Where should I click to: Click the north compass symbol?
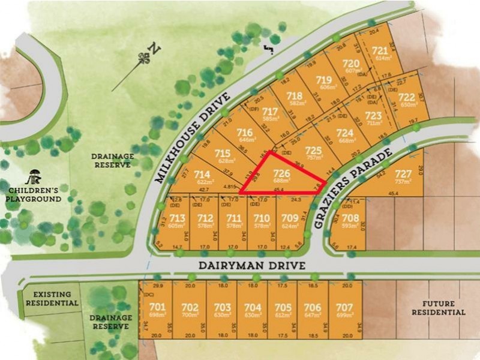[144, 58]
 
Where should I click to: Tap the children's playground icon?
[33, 177]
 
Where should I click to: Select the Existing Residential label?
[52, 299]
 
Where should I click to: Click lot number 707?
[344, 307]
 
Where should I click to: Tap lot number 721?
[379, 51]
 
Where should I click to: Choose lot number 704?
[253, 307]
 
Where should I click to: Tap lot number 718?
[295, 95]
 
